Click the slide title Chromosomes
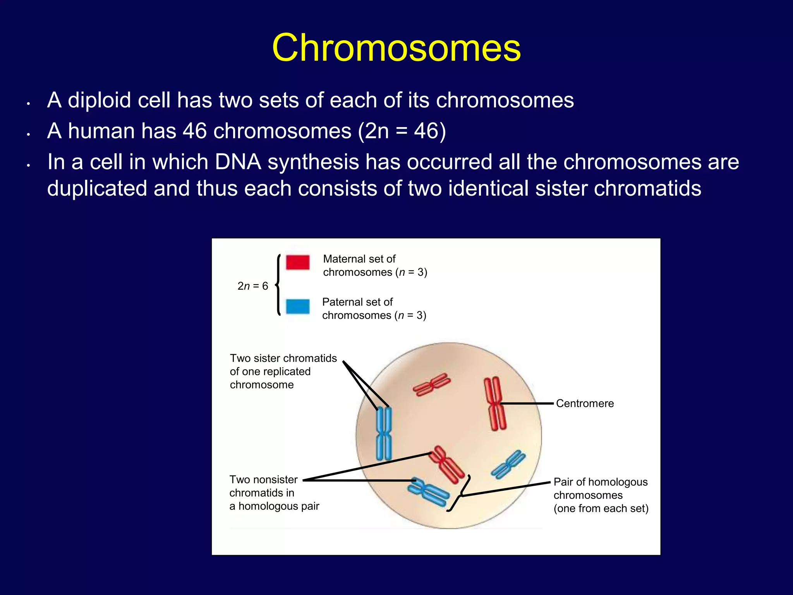coord(396,47)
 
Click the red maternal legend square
coord(297,262)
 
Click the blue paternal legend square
coord(297,306)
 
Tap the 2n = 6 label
coord(252,286)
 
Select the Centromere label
coord(585,403)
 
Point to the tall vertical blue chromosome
coord(384,433)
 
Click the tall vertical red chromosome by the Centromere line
coord(495,404)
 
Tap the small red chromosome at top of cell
coord(432,384)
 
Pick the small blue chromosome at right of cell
coord(508,464)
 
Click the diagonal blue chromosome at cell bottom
coord(429,492)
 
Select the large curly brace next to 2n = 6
coord(278,285)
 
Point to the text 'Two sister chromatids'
coord(283,358)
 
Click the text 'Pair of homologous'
coord(600,482)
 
